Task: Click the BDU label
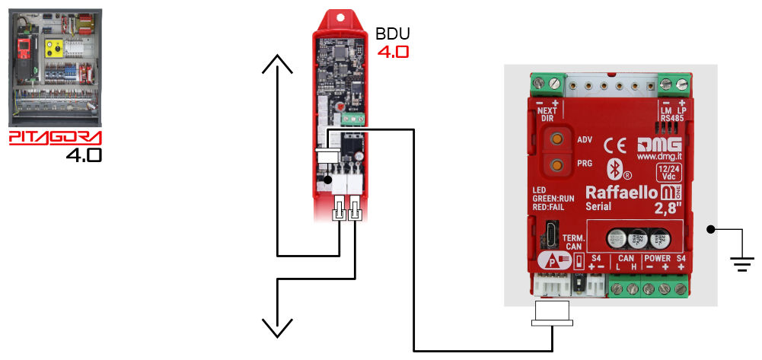pyautogui.click(x=393, y=34)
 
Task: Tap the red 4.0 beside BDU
pyautogui.click(x=393, y=53)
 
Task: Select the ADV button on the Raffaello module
pyautogui.click(x=558, y=140)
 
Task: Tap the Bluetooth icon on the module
pyautogui.click(x=610, y=168)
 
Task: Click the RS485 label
pyautogui.click(x=672, y=118)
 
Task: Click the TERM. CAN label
pyautogui.click(x=574, y=242)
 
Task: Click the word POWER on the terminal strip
pyautogui.click(x=656, y=259)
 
